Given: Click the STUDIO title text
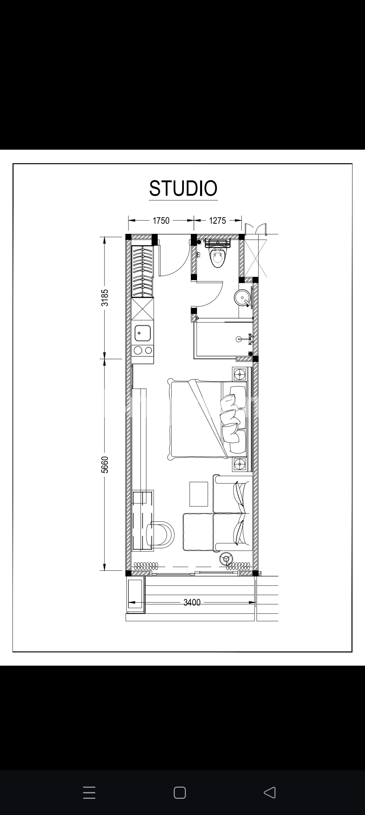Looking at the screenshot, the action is [x=183, y=188].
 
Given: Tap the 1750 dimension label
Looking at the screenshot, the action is [x=161, y=221].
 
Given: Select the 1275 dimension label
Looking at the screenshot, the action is [x=217, y=221].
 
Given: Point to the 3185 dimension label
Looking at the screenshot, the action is [x=105, y=297].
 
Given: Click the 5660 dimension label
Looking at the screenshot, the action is [x=105, y=465].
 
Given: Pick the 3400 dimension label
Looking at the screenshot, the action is [x=192, y=602].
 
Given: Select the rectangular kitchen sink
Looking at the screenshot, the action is [x=143, y=333].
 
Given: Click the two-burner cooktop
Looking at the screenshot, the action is [x=143, y=350].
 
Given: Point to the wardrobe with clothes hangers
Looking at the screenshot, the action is [x=143, y=271].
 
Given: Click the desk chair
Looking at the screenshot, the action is [x=161, y=535].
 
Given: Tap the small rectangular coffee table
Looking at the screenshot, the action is [x=199, y=494].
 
